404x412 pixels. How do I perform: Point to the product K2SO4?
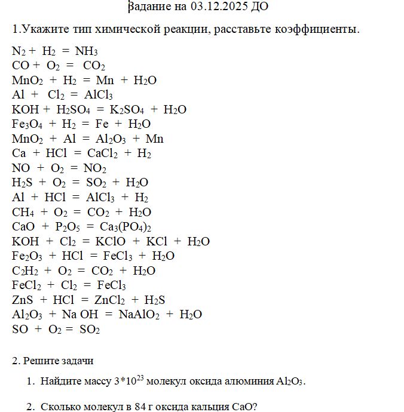[x=128, y=110]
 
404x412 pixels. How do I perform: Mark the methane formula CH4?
[x=23, y=212]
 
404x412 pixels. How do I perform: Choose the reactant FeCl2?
[x=26, y=285]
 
